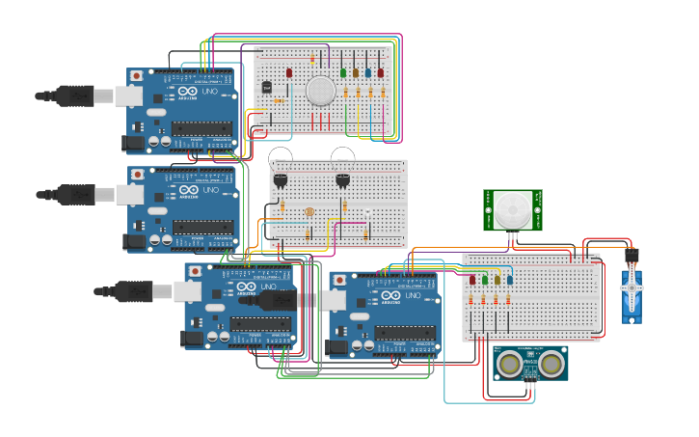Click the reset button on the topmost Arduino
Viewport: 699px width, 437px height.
[137, 75]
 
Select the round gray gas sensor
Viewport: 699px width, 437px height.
[320, 91]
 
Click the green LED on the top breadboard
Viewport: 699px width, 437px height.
[343, 72]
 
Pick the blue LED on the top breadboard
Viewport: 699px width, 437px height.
[368, 72]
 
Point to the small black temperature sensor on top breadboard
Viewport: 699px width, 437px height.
[267, 88]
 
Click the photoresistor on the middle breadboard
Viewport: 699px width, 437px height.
[309, 212]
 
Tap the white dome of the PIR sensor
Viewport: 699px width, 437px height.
[512, 209]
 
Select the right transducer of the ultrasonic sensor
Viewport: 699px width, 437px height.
[551, 363]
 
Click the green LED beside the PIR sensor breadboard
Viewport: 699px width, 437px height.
[485, 281]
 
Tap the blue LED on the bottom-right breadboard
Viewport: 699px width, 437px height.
[509, 281]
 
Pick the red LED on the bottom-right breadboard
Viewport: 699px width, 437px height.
[472, 281]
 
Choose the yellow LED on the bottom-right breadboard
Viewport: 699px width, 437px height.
[497, 281]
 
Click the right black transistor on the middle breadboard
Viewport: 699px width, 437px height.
[343, 179]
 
